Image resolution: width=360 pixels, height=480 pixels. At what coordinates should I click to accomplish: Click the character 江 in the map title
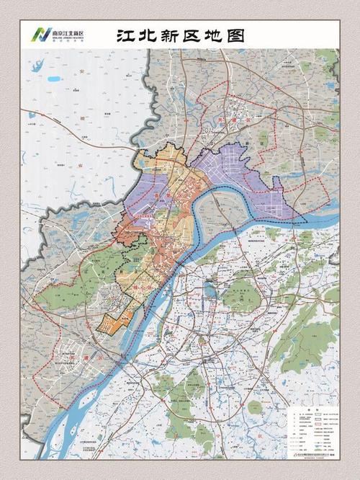[x=127, y=35]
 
